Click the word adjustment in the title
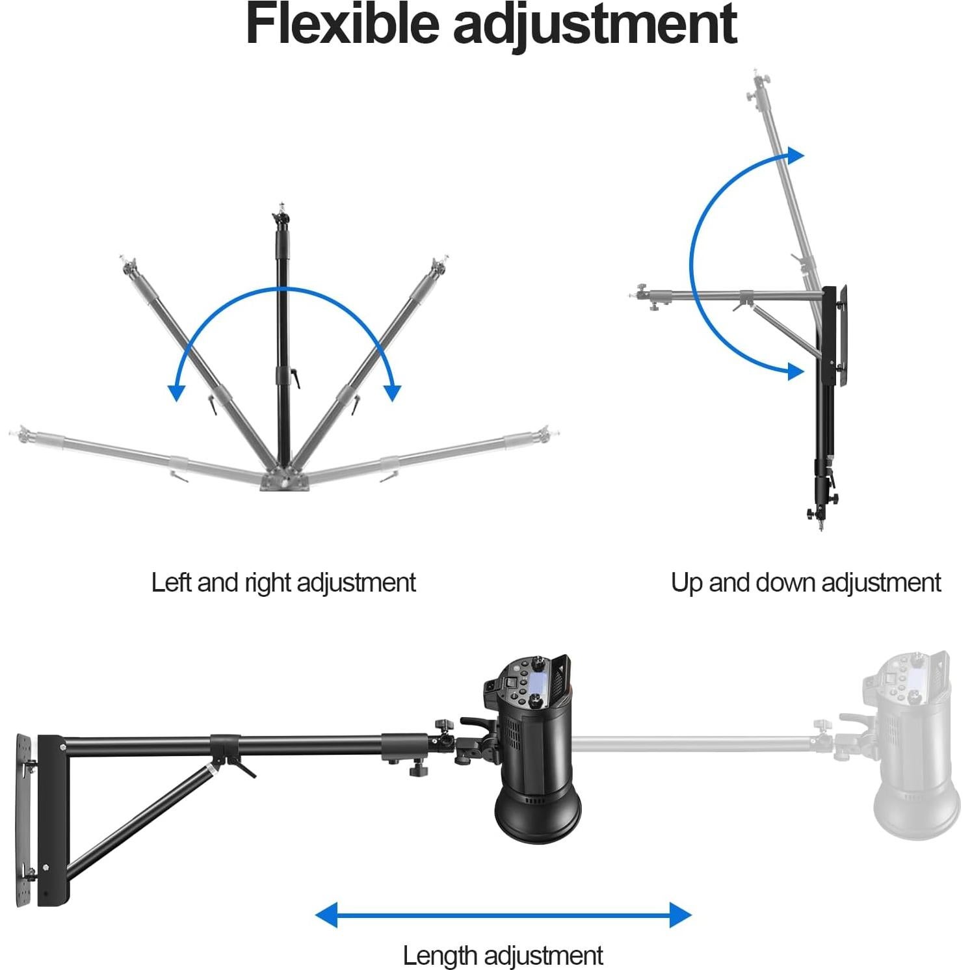(595, 26)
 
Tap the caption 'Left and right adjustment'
(283, 583)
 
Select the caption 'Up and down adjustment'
(806, 583)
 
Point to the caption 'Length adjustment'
(503, 956)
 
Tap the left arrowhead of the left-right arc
(176, 392)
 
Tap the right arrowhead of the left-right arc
(392, 392)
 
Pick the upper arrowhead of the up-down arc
(796, 156)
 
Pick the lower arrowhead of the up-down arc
(794, 371)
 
